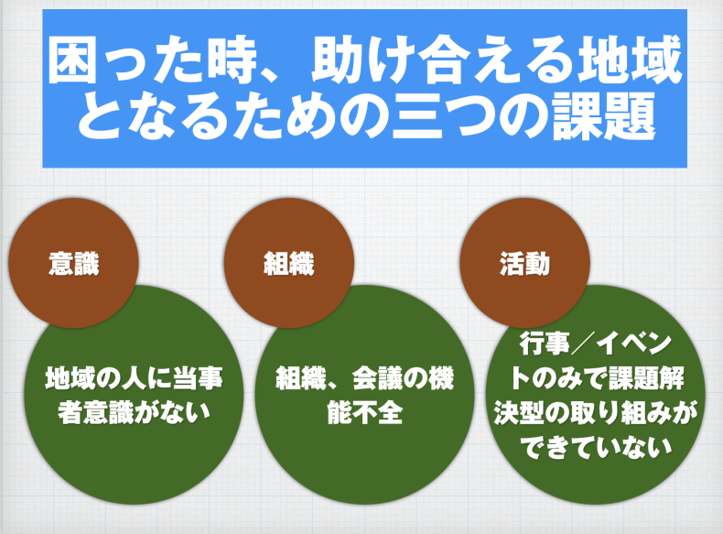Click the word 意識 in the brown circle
pos(74,264)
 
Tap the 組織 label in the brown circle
pos(289,264)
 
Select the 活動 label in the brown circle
pos(524,264)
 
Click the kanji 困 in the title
pos(72,60)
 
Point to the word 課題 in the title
pos(605,116)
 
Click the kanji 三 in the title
pos(416,116)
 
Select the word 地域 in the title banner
pos(631,60)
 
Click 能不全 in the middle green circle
pos(365,412)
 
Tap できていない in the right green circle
pos(596,448)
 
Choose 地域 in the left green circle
pos(70,378)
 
